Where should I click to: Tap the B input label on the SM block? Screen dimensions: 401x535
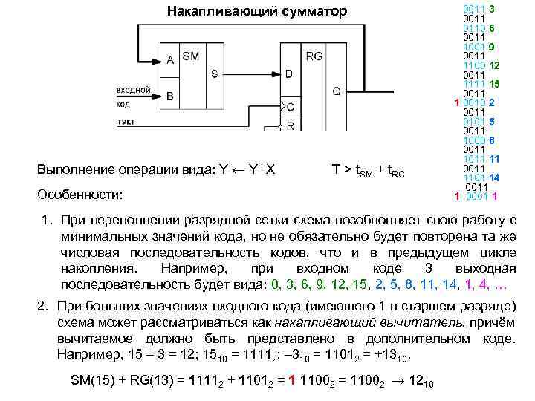171,95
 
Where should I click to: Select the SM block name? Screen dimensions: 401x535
190,56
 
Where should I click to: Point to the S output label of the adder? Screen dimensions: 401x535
214,74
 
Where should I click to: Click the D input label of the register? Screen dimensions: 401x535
289,74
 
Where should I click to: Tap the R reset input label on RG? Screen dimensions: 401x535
290,126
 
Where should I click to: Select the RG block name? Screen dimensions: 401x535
314,56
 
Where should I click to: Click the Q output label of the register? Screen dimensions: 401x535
336,91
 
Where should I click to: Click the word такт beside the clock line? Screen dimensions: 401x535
126,121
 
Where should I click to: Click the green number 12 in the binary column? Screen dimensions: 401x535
494,65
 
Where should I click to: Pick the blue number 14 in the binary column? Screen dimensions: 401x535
493,177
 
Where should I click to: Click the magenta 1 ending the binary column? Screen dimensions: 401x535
494,196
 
